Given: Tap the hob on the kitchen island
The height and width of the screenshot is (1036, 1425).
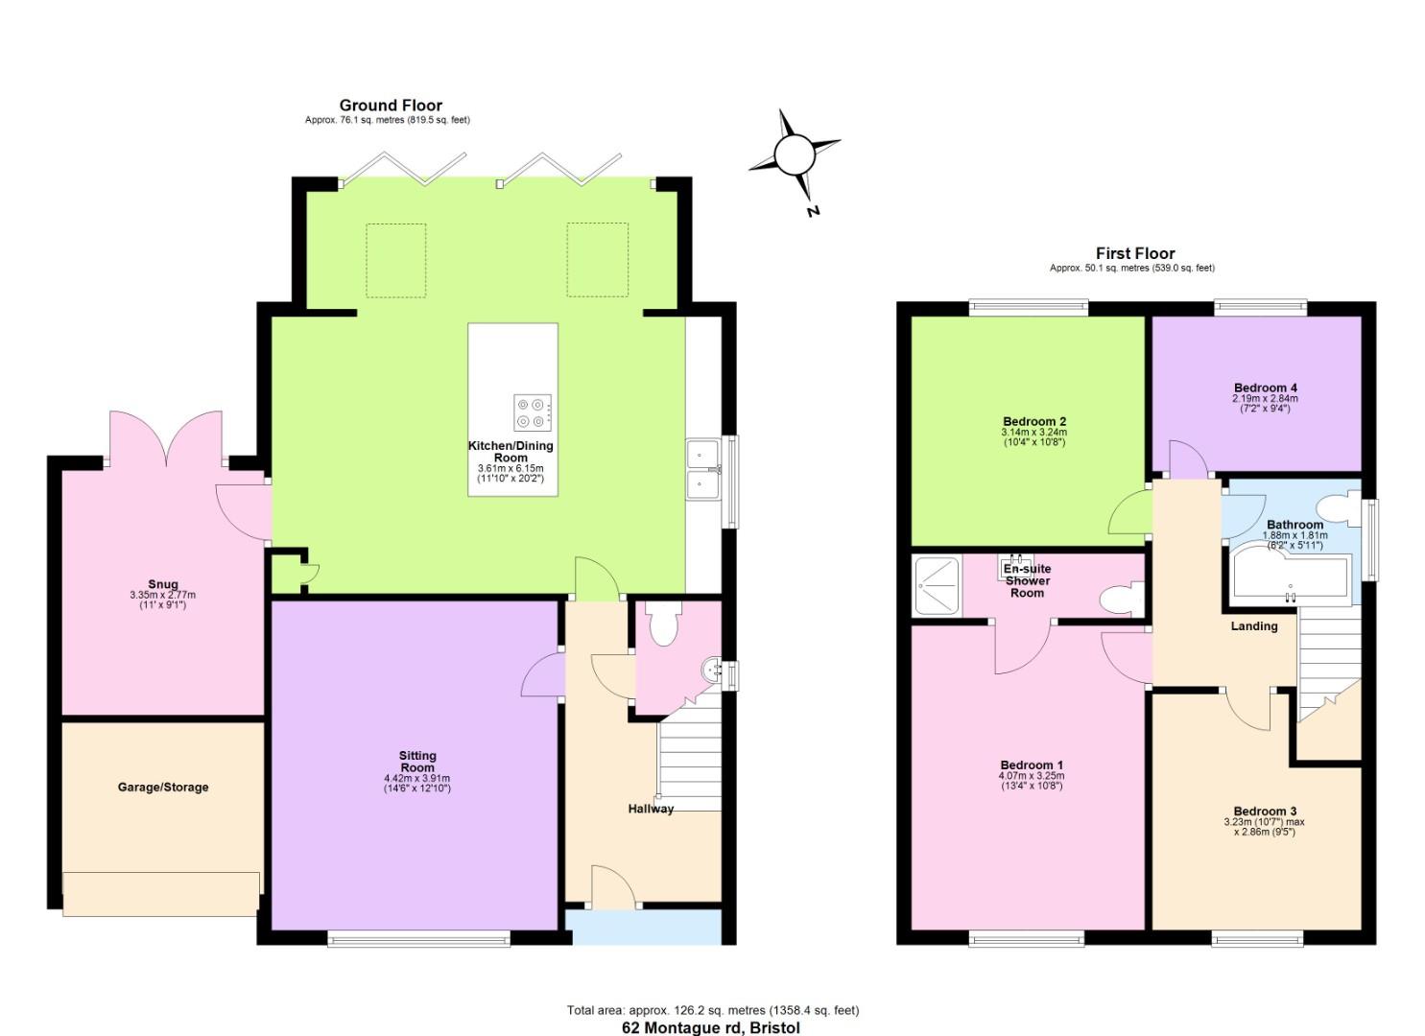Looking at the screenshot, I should coord(532,412).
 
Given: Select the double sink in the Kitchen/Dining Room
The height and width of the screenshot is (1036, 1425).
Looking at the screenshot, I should coord(705,469).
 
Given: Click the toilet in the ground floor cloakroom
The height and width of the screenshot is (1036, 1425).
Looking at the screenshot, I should coord(663,624).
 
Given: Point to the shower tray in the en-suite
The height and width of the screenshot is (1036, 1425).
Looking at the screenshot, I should coord(937,585).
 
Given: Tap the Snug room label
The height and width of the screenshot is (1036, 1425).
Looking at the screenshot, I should coord(162,584).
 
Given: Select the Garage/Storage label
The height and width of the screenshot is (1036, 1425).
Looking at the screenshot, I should coord(163,788).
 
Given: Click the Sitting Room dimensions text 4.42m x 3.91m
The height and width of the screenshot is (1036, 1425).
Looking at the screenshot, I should coord(417,778).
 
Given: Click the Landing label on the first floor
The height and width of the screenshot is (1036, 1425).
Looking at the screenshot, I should coord(1254,626).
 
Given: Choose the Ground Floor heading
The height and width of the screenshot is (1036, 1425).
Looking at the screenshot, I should coord(391,106).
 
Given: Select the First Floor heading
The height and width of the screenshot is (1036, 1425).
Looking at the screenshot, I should coord(1135,253).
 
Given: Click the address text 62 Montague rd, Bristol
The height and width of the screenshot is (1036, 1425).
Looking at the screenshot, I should coord(711,1027).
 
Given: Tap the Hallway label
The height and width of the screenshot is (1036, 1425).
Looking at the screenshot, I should coord(651,809).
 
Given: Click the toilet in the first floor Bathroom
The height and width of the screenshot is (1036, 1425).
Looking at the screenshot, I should coord(1335,507).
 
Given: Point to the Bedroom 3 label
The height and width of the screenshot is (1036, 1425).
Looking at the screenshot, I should coord(1265,812).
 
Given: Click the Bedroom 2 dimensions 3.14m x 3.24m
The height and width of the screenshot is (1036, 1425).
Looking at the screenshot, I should coord(1033,433).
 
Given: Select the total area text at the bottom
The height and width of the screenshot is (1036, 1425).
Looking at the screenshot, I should coord(712,1010).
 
